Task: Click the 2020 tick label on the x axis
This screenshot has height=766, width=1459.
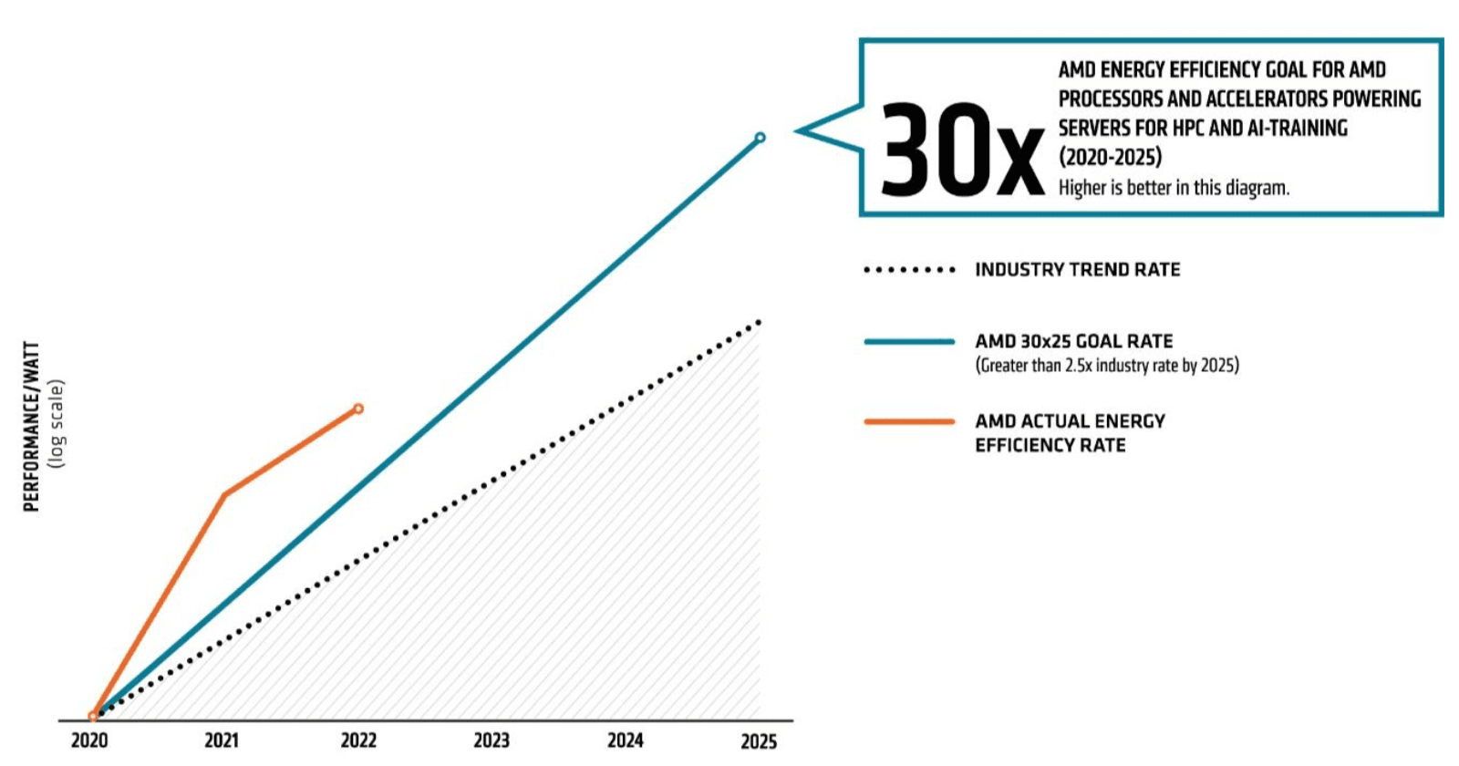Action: pyautogui.click(x=89, y=740)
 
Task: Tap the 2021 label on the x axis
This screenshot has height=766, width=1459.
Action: pyautogui.click(x=222, y=740)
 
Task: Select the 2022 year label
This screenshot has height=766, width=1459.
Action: pyautogui.click(x=358, y=740)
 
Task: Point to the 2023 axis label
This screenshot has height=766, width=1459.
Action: pyautogui.click(x=492, y=740)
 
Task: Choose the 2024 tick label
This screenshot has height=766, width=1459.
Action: pyautogui.click(x=626, y=740)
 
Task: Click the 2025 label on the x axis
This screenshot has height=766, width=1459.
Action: pyautogui.click(x=759, y=741)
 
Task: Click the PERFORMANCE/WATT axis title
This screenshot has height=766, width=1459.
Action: pyautogui.click(x=32, y=427)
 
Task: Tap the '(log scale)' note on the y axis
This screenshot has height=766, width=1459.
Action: pyautogui.click(x=57, y=425)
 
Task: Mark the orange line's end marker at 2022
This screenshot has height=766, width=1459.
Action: pyautogui.click(x=358, y=409)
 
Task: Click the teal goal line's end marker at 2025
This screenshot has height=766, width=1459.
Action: pyautogui.click(x=761, y=138)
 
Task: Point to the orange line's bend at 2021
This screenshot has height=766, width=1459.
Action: pyautogui.click(x=224, y=494)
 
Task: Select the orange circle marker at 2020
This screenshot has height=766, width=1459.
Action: pyautogui.click(x=93, y=717)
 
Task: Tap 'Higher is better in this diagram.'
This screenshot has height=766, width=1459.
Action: pyautogui.click(x=1174, y=188)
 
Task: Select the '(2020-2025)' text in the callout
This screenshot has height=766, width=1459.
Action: pyautogui.click(x=1110, y=157)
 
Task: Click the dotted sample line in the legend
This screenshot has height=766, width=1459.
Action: pyautogui.click(x=909, y=270)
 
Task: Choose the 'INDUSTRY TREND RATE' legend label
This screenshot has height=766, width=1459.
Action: pyautogui.click(x=1077, y=270)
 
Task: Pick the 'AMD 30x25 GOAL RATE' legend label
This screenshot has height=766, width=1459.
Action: pyautogui.click(x=1073, y=341)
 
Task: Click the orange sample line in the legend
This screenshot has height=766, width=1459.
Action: pyautogui.click(x=909, y=421)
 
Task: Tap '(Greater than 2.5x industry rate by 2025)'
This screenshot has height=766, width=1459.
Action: pyautogui.click(x=1107, y=366)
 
